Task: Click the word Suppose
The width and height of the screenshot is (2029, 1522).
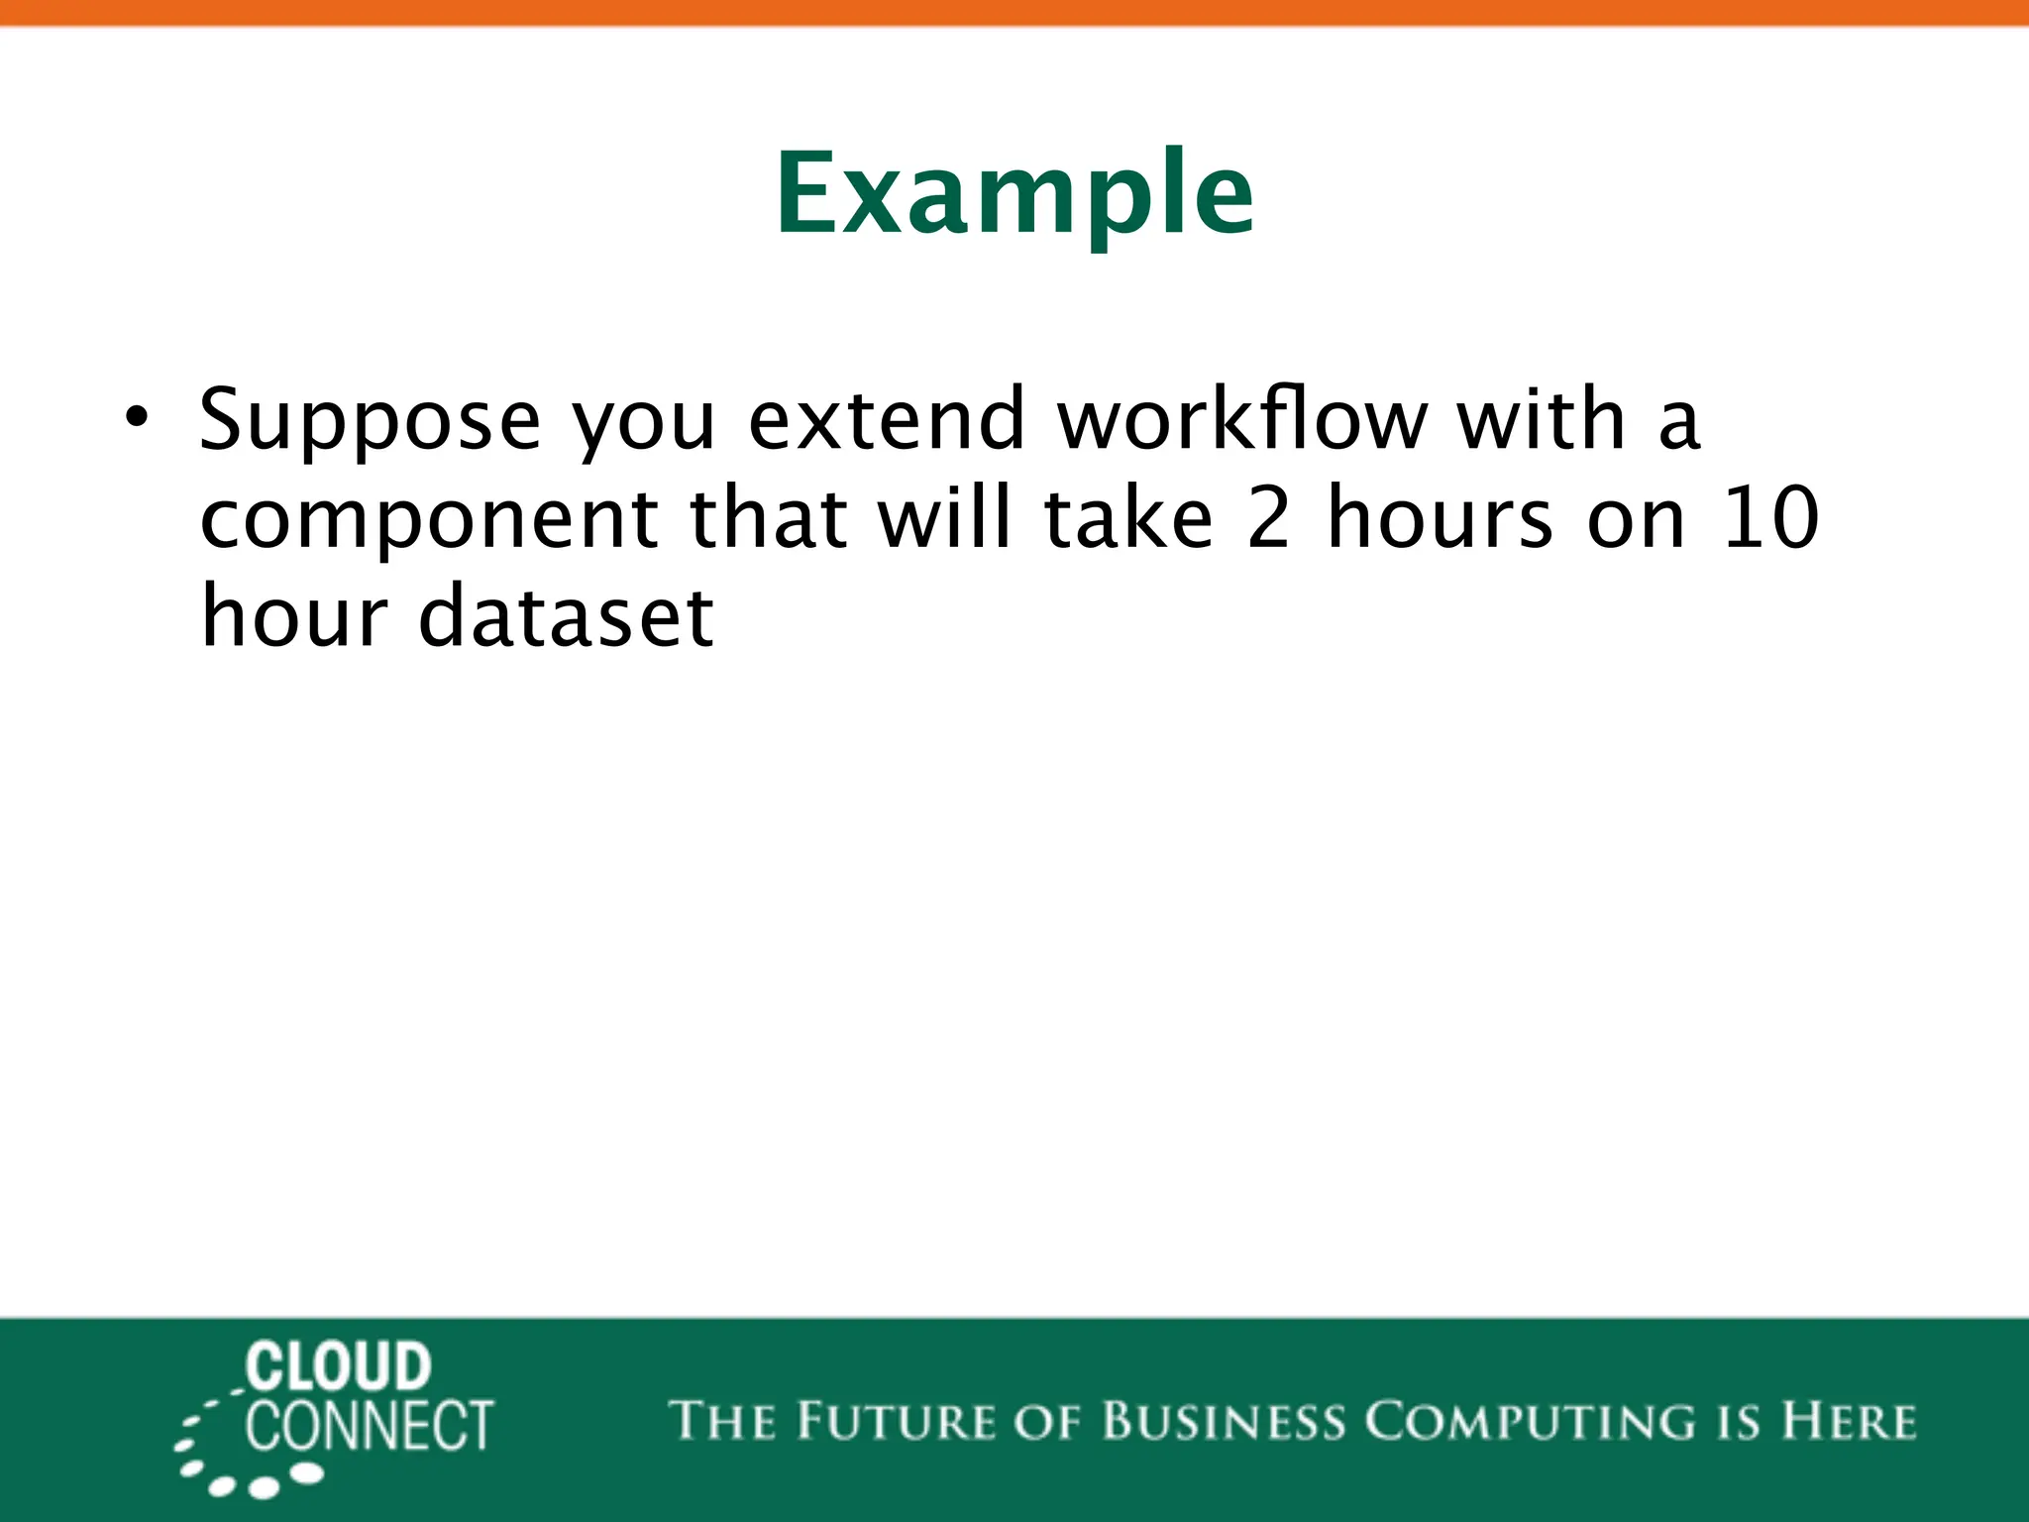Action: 370,420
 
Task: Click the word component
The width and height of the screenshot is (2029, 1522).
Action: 428,519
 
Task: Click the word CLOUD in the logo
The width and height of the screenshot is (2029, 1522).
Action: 338,1366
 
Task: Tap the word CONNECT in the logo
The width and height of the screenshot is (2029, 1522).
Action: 369,1426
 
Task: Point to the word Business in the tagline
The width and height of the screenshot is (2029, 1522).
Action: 1224,1421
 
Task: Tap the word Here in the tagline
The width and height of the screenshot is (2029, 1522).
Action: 1848,1421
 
